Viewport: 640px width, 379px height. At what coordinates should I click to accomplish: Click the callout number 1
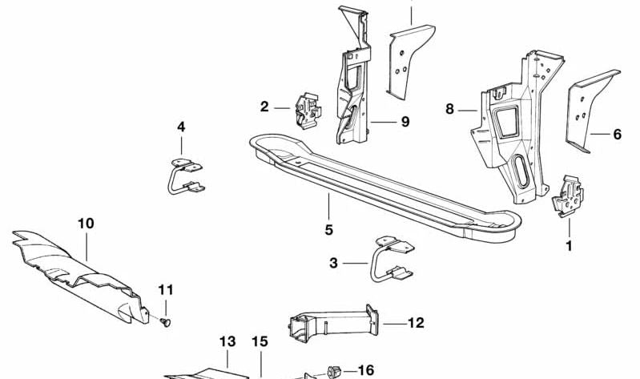point(570,246)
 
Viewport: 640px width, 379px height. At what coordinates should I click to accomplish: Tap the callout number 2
point(264,106)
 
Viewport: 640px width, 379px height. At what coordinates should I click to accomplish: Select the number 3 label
point(333,262)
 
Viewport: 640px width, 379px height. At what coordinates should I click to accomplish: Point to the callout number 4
point(181,127)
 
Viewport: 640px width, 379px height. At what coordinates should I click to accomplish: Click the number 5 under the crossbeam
point(328,230)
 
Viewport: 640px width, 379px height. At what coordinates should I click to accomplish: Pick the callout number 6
point(617,135)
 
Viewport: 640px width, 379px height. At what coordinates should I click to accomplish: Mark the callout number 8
point(449,108)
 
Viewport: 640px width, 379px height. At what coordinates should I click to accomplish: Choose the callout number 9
point(405,122)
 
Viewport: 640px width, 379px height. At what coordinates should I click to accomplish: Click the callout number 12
point(416,324)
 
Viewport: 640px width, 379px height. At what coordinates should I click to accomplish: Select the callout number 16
point(365,370)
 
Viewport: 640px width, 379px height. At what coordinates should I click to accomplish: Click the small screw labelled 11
point(164,321)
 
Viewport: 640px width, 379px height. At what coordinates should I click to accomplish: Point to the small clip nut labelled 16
point(335,371)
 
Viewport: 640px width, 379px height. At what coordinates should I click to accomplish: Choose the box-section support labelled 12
point(328,325)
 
